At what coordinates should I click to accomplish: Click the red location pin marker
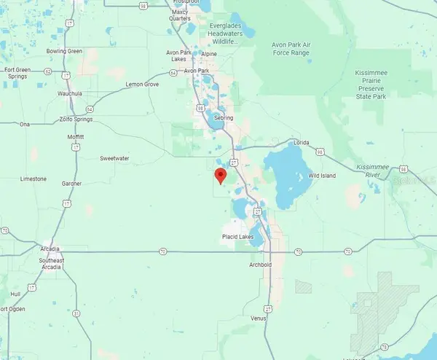221,175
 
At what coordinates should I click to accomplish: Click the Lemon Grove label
142,85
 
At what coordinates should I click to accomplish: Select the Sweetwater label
114,158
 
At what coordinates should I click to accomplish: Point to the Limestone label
34,179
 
